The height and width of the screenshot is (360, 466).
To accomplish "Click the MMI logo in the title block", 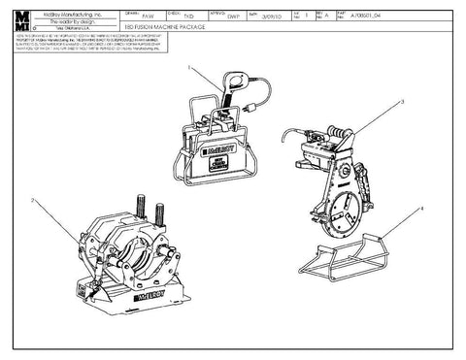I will tap(22, 21).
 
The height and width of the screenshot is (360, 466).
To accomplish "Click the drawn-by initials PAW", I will tap(147, 17).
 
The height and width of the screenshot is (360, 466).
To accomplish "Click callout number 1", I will tap(189, 69).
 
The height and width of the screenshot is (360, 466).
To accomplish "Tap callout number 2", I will tap(32, 198).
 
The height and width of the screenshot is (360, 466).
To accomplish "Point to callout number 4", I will tap(422, 207).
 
